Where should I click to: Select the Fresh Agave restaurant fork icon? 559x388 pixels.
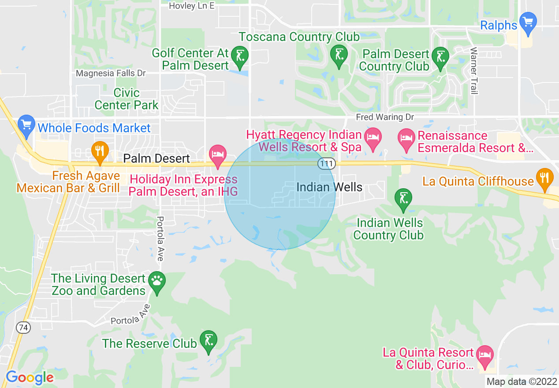pyautogui.click(x=100, y=150)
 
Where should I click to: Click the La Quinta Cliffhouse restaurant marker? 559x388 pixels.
pyautogui.click(x=545, y=178)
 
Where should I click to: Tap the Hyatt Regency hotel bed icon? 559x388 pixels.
pyautogui.click(x=373, y=136)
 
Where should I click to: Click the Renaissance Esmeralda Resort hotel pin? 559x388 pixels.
pyautogui.click(x=406, y=136)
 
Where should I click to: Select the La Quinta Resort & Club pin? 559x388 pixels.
pyautogui.click(x=485, y=354)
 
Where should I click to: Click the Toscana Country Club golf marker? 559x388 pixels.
pyautogui.click(x=339, y=55)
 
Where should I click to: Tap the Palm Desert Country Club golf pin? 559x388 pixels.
pyautogui.click(x=440, y=56)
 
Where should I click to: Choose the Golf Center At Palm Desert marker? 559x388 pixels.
pyautogui.click(x=240, y=56)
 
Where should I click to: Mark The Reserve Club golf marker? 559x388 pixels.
pyautogui.click(x=208, y=340)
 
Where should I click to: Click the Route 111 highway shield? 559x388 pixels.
pyautogui.click(x=326, y=164)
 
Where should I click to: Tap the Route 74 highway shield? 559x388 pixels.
pyautogui.click(x=23, y=327)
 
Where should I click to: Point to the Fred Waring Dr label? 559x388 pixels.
pyautogui.click(x=380, y=117)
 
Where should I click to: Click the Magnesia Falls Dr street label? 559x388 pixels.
pyautogui.click(x=111, y=73)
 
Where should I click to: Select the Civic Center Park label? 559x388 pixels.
pyautogui.click(x=127, y=99)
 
